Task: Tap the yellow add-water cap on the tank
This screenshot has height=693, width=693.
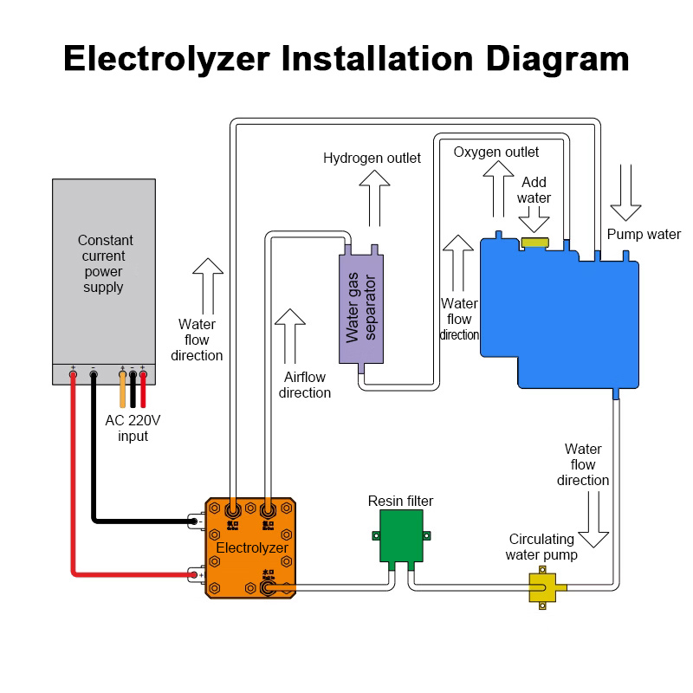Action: (x=535, y=243)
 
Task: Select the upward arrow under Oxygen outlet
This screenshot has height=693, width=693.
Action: (x=498, y=185)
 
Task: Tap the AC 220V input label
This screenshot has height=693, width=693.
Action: (x=133, y=428)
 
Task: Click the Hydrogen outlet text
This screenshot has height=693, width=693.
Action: (x=372, y=158)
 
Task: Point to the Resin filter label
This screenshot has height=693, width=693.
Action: (x=400, y=501)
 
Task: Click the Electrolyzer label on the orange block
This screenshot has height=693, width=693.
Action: (x=251, y=548)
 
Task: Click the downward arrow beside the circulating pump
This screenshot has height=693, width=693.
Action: (x=593, y=521)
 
